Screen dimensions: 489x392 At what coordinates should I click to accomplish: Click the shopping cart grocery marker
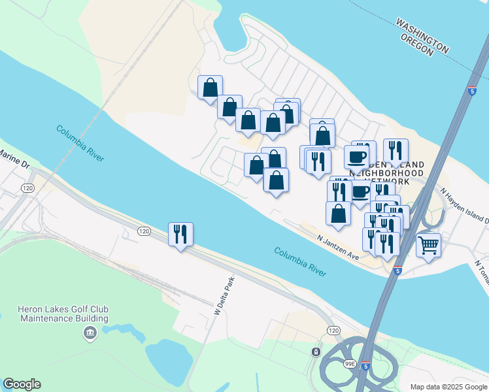click(x=428, y=246)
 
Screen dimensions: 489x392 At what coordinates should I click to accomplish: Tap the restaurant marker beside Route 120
click(x=180, y=234)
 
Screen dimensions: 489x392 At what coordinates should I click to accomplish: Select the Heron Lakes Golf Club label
click(x=63, y=314)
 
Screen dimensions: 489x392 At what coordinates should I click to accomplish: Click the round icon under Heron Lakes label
click(x=90, y=334)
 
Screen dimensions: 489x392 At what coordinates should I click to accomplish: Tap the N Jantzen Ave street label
click(x=339, y=248)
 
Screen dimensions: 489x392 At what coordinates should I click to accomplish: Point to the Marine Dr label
click(x=15, y=159)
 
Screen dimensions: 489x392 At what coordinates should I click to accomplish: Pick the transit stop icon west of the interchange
click(x=316, y=352)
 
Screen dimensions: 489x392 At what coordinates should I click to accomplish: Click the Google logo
click(x=22, y=384)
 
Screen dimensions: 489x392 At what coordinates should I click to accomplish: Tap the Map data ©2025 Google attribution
click(x=448, y=387)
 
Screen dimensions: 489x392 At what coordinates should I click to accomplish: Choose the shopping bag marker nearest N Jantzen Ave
click(x=338, y=213)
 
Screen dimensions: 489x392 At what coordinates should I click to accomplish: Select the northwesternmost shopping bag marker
click(x=210, y=88)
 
